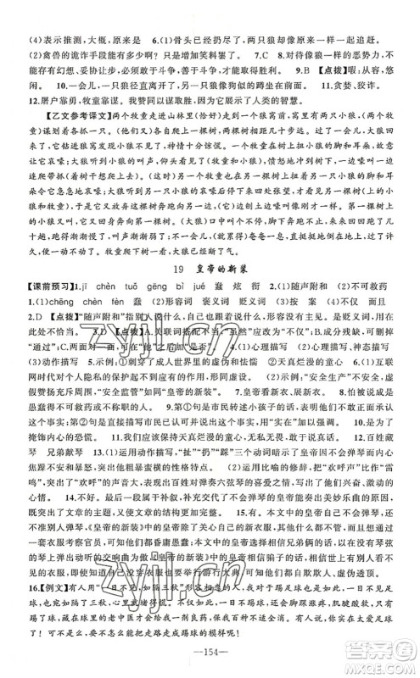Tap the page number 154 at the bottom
click(210, 658)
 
